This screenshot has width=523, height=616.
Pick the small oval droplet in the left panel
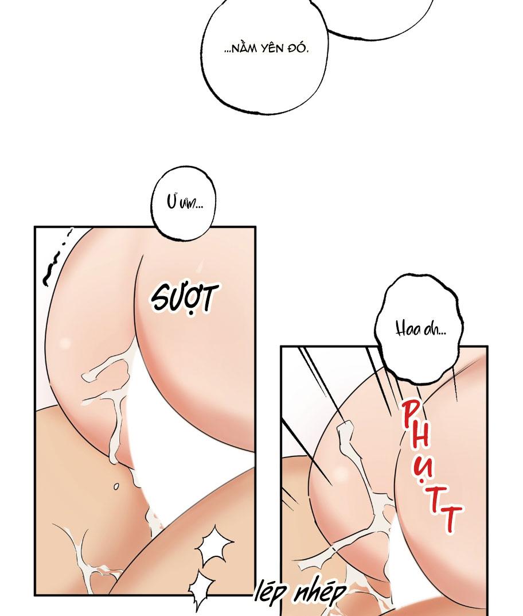pyautogui.click(x=116, y=486)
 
